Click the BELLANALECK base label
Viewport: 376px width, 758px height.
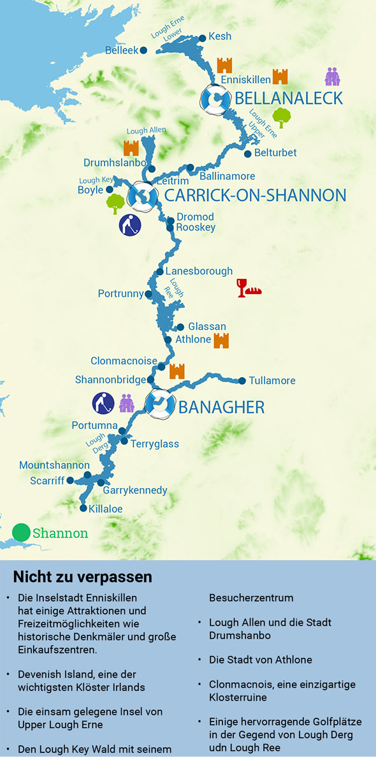pyautogui.click(x=289, y=98)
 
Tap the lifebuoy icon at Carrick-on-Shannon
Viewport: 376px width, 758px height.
pyautogui.click(x=141, y=196)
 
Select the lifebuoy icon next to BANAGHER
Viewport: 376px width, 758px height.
pyautogui.click(x=159, y=404)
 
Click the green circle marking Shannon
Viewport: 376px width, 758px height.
pyautogui.click(x=21, y=532)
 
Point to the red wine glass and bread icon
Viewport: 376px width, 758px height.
pyautogui.click(x=249, y=288)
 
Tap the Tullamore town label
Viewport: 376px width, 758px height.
pyautogui.click(x=272, y=381)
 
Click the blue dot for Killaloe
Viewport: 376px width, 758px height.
pyautogui.click(x=83, y=509)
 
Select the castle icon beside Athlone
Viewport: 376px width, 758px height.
pyautogui.click(x=221, y=341)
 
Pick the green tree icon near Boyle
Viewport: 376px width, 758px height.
pyautogui.click(x=115, y=204)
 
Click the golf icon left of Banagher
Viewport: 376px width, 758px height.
pyautogui.click(x=103, y=403)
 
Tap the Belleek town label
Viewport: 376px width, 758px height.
pyautogui.click(x=122, y=50)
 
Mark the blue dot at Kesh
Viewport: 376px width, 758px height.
pyautogui.click(x=203, y=38)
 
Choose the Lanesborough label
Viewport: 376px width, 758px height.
pyautogui.click(x=199, y=271)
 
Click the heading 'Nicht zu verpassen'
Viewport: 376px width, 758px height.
pyautogui.click(x=82, y=577)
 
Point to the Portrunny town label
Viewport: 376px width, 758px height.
pyautogui.click(x=120, y=294)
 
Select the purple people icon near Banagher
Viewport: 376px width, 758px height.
pyautogui.click(x=127, y=403)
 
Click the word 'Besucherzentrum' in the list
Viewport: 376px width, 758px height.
pyautogui.click(x=251, y=598)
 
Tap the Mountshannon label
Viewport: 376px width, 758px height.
pyautogui.click(x=54, y=465)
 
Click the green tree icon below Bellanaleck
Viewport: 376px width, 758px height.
pyautogui.click(x=281, y=117)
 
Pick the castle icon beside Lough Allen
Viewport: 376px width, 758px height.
pyautogui.click(x=131, y=148)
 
